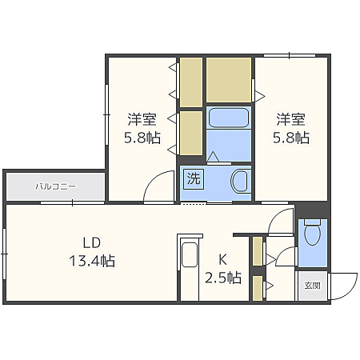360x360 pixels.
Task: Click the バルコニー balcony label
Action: point(54,186)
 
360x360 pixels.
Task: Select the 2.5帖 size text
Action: point(223,278)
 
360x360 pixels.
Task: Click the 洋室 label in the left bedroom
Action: point(142,120)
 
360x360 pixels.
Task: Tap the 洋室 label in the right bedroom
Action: point(291,120)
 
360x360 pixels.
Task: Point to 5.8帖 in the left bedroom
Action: point(142,138)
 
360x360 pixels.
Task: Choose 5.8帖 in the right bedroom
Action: point(291,138)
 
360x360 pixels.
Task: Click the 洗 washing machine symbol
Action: point(194,179)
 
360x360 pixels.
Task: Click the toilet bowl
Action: point(313,234)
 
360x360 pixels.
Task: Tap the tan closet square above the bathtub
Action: point(230,78)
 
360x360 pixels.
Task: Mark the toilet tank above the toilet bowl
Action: point(313,221)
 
